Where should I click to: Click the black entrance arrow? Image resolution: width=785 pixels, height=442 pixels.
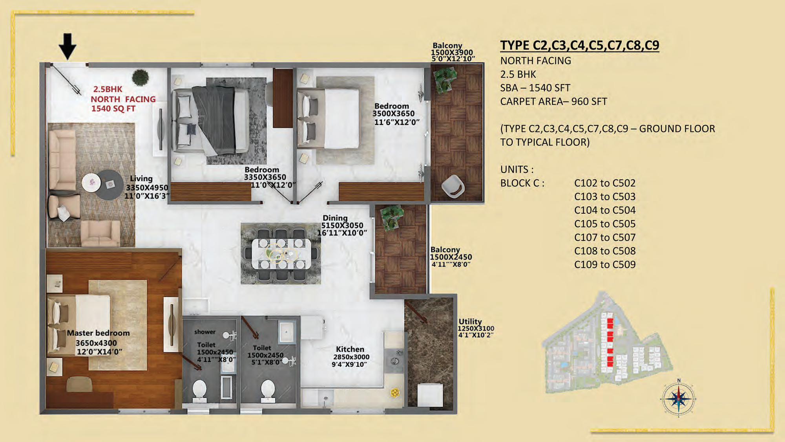click(x=68, y=46)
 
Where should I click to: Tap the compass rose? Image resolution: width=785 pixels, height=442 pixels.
click(x=679, y=398)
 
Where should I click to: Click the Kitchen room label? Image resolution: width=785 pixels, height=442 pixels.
click(x=350, y=349)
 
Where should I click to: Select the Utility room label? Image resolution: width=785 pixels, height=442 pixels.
click(x=470, y=321)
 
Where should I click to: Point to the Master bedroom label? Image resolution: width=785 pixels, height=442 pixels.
click(x=98, y=333)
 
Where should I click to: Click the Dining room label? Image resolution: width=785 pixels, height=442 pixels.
click(x=335, y=218)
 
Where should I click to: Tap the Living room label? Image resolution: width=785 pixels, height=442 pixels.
click(x=141, y=178)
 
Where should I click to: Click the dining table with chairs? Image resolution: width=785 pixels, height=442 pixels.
click(x=281, y=254)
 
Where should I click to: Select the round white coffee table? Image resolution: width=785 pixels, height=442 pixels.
click(x=91, y=182)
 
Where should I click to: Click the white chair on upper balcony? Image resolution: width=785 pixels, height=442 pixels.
click(x=453, y=186)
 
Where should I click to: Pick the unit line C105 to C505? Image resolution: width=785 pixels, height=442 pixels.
click(x=605, y=224)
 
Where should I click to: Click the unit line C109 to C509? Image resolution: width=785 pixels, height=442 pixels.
click(x=605, y=264)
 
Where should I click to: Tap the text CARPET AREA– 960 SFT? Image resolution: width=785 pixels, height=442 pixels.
click(x=553, y=101)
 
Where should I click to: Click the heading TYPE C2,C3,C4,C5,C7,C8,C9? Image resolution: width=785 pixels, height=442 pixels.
click(x=580, y=45)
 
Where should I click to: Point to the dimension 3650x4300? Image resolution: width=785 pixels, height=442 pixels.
click(x=96, y=343)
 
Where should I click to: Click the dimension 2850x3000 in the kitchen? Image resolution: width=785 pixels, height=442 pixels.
click(x=351, y=357)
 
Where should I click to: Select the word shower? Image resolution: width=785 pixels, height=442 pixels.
click(x=205, y=332)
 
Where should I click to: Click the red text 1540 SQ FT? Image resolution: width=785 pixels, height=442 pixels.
click(x=113, y=109)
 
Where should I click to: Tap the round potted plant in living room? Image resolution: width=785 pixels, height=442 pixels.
click(x=140, y=77)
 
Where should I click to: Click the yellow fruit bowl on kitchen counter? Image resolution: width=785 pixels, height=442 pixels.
click(x=395, y=392)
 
